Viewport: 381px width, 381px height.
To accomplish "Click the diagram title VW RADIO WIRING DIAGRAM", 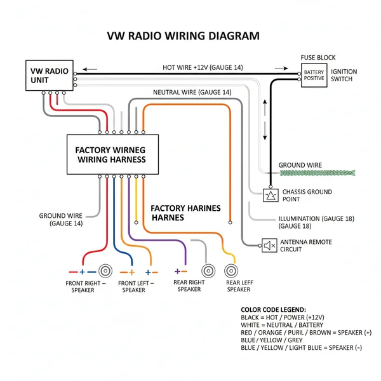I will point(183,36).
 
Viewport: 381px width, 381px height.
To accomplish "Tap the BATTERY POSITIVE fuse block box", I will point(314,76).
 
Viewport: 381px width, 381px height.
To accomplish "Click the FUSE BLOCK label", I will point(318,58).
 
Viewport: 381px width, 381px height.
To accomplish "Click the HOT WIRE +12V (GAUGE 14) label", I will point(202,67).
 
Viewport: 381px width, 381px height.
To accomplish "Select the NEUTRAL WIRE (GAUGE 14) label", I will point(192,92).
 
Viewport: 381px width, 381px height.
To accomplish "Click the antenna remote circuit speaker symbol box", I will point(269,244).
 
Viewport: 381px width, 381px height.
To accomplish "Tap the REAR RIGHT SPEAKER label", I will point(189,286).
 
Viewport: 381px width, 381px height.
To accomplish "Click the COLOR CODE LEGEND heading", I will point(273,309).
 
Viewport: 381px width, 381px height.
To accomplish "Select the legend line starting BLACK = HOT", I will point(283,317).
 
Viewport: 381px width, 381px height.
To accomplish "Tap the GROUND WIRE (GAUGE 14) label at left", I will point(61,219).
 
